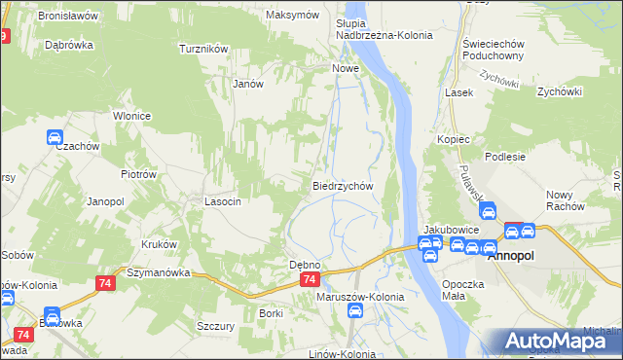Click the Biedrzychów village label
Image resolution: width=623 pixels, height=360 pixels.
(x=343, y=186)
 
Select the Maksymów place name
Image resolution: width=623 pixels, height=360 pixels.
(x=293, y=16)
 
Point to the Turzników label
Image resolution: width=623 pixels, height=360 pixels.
(x=203, y=48)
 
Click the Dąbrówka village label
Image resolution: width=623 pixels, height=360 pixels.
(x=67, y=45)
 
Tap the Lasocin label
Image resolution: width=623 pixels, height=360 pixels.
(x=222, y=201)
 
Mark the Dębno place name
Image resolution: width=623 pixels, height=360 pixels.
(x=306, y=265)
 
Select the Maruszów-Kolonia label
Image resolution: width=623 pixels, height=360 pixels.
(x=360, y=297)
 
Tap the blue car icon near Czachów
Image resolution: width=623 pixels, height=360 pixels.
(x=55, y=137)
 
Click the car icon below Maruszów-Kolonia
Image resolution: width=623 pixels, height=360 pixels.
(x=356, y=311)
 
